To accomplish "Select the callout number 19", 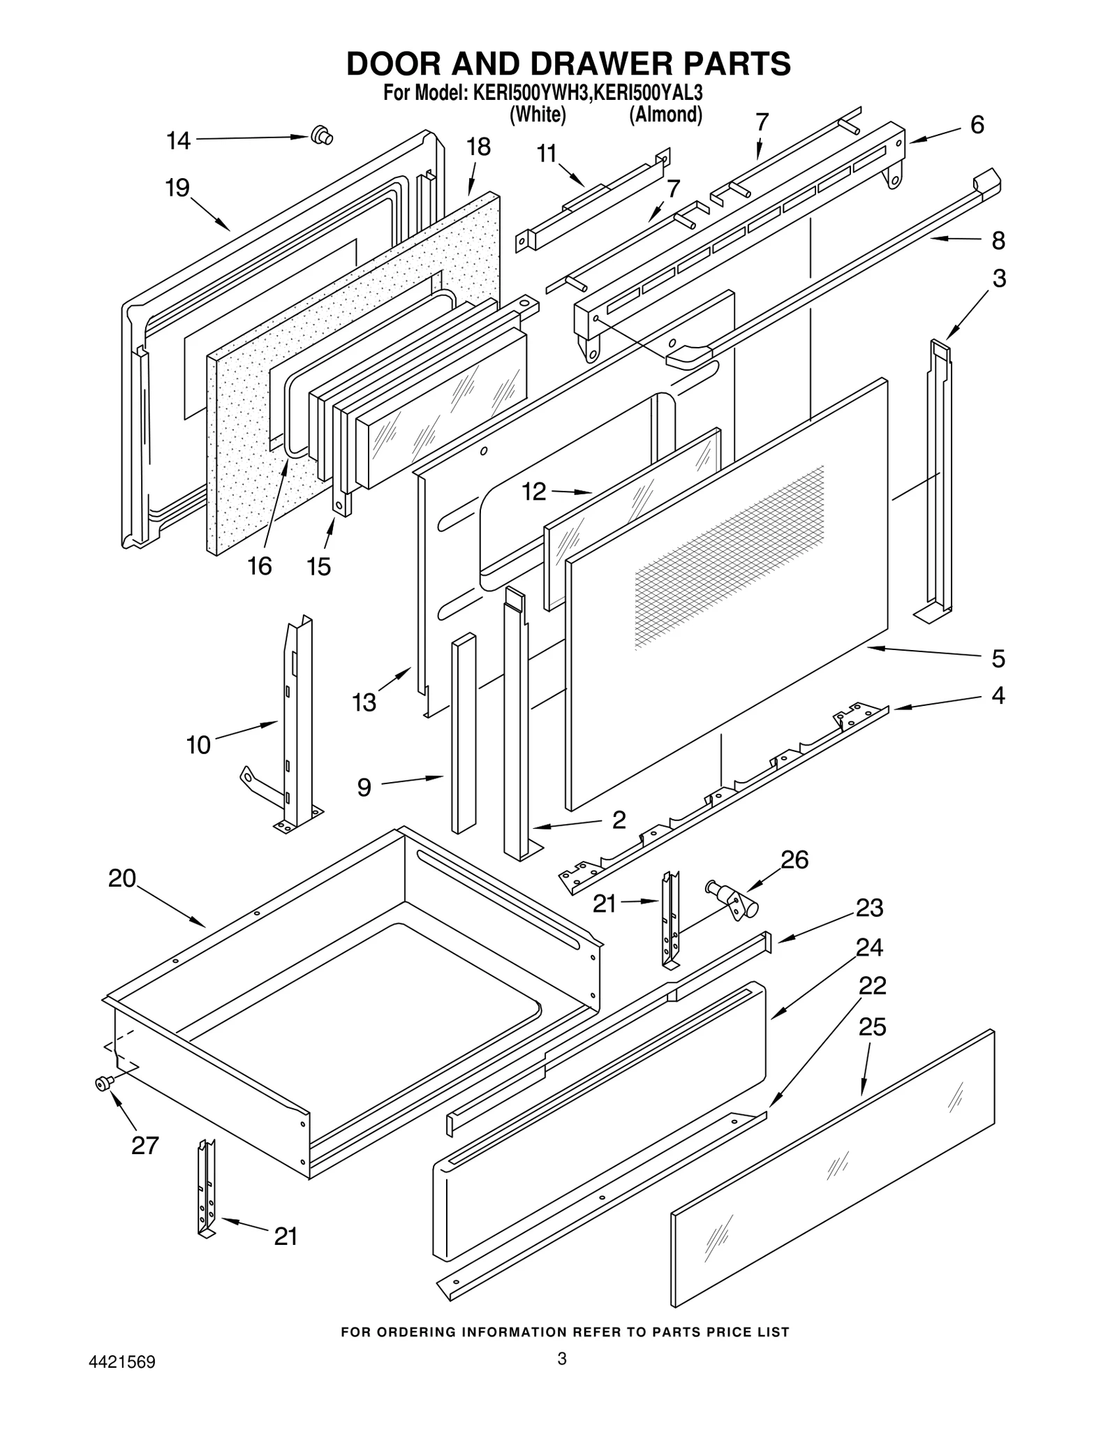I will [177, 188].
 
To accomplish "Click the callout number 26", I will [794, 860].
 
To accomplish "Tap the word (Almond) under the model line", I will [665, 115].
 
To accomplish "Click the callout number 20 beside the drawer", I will [122, 878].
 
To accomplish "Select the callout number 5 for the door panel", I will [998, 658].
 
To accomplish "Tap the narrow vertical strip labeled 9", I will [463, 733].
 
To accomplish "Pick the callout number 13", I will [364, 702].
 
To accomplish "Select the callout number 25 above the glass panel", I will [872, 1027].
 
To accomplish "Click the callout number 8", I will [998, 240].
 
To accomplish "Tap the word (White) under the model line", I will [537, 115].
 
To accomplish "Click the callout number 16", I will [259, 566].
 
